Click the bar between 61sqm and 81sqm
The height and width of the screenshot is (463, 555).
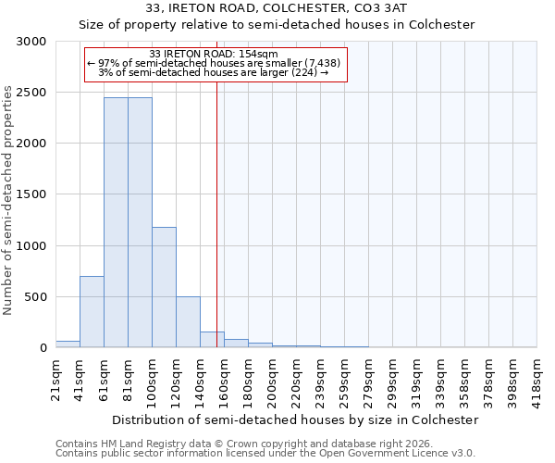(x=116, y=222)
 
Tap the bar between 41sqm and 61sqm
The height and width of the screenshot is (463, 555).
(x=92, y=311)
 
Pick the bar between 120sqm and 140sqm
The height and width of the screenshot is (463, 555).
(x=188, y=321)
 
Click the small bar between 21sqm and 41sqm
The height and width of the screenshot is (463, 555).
(x=68, y=344)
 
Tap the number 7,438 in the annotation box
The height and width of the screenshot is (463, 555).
(x=324, y=63)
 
